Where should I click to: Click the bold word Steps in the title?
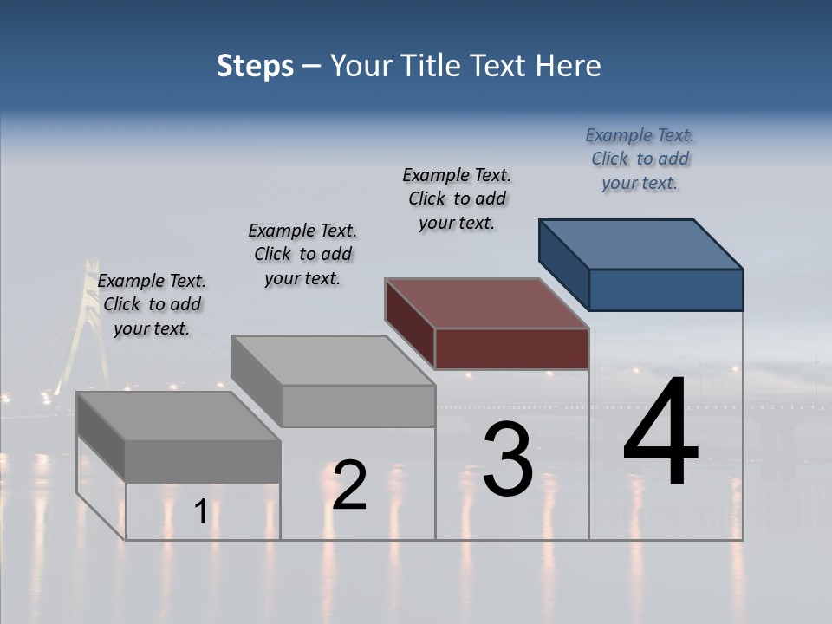click(255, 66)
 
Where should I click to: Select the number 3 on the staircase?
click(508, 459)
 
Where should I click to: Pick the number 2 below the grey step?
click(349, 485)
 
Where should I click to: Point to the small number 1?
click(201, 512)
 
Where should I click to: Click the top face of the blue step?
click(641, 244)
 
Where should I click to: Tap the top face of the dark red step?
click(486, 303)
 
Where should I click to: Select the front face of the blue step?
click(666, 289)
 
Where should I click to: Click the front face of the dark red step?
click(511, 349)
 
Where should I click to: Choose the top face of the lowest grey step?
click(178, 416)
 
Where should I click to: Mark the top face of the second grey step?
click(333, 360)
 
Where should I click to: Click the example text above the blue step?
click(640, 159)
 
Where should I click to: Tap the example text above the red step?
click(457, 198)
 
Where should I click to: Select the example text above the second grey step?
click(302, 254)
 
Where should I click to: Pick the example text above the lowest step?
click(152, 304)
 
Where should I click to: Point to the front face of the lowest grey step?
click(203, 461)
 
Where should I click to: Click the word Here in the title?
click(569, 66)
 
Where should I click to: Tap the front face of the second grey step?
click(358, 406)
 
